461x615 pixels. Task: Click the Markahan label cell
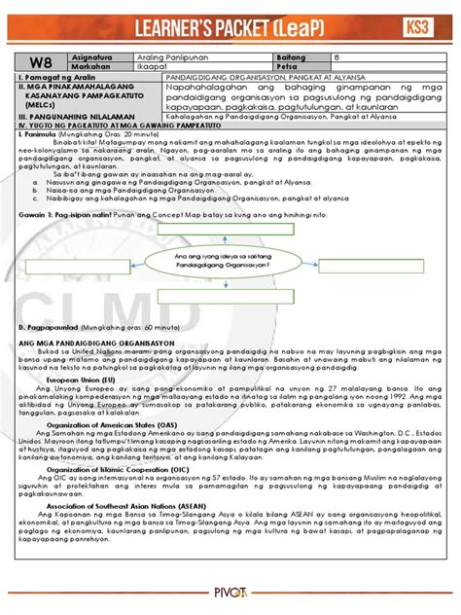[x=106, y=69]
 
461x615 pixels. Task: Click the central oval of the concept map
[x=223, y=261]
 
